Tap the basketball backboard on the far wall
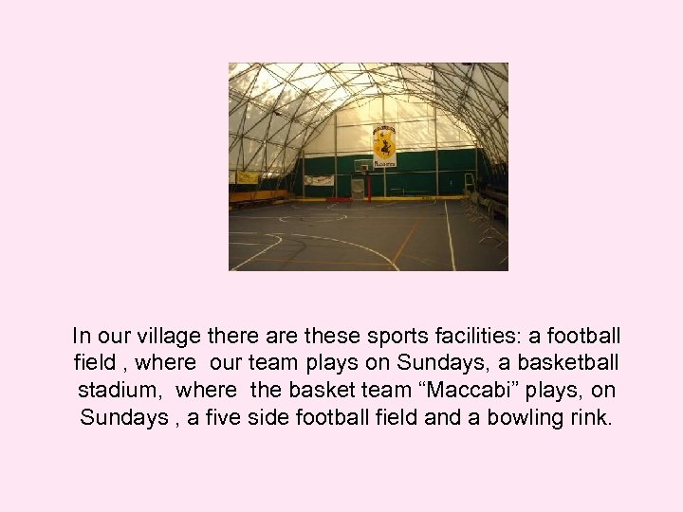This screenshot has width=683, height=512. click(x=363, y=165)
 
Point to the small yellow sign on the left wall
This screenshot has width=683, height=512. click(x=248, y=176)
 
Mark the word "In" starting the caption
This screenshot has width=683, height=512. click(x=82, y=336)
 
